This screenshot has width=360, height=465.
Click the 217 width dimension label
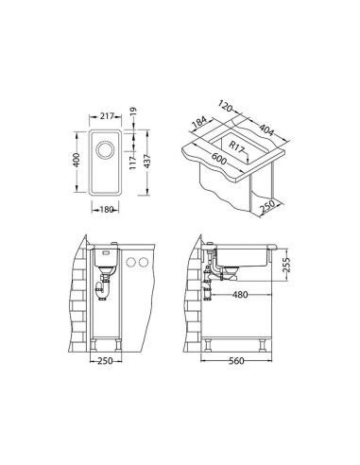pyautogui.click(x=107, y=116)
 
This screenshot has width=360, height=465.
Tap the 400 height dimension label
pyautogui.click(x=77, y=160)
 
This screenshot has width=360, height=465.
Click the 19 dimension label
pyautogui.click(x=133, y=112)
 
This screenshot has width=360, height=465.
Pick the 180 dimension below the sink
pyautogui.click(x=106, y=209)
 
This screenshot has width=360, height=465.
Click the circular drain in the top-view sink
pyautogui.click(x=104, y=149)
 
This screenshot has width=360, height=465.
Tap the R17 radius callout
pyautogui.click(x=236, y=147)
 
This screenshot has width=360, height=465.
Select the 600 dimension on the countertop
pyautogui.click(x=218, y=159)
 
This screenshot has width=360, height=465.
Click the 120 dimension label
pyautogui.click(x=225, y=107)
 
